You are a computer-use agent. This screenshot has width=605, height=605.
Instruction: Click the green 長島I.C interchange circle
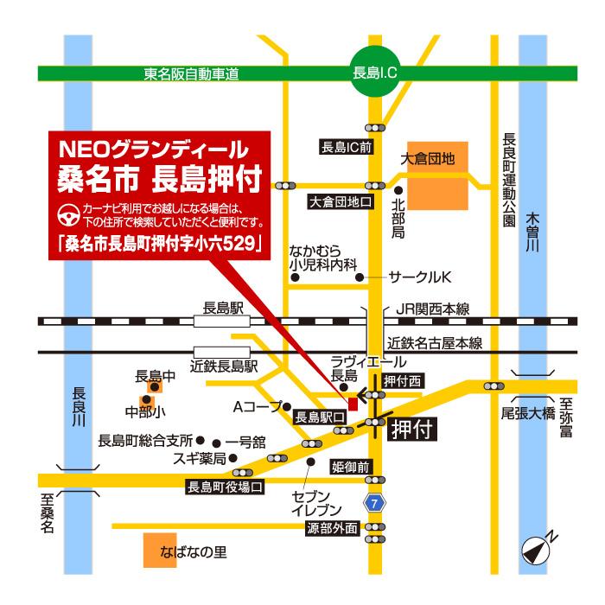[x=375, y=74]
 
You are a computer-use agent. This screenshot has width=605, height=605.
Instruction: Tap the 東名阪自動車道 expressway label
[x=192, y=75]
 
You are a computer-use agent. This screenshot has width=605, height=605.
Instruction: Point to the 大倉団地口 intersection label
[x=341, y=202]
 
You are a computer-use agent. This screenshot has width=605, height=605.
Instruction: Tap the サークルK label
[x=420, y=277]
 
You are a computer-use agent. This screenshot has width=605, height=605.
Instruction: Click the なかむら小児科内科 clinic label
[x=323, y=258]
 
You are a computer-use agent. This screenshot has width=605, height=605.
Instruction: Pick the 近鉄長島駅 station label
[x=225, y=366]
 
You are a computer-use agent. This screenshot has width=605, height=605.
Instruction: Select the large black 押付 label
[x=411, y=427]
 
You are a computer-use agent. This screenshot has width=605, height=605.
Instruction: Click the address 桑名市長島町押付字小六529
[x=161, y=244]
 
